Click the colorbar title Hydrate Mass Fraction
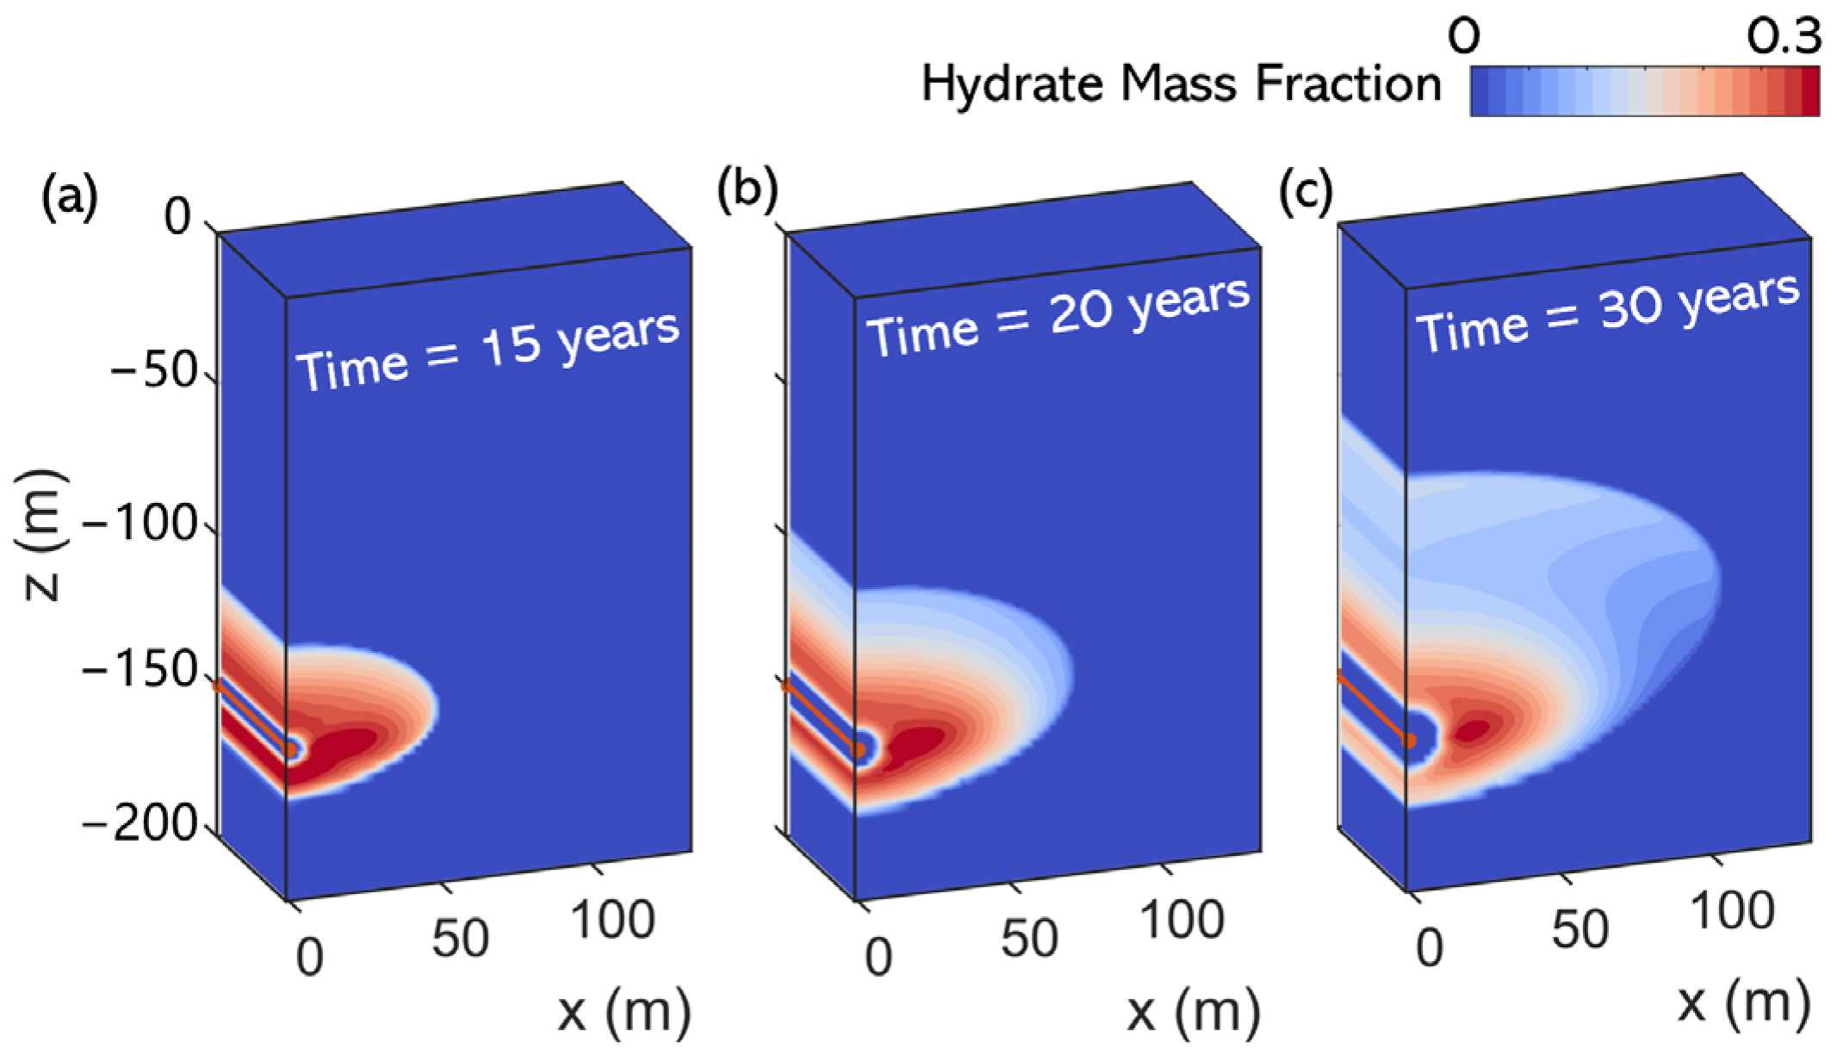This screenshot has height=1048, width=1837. [1181, 85]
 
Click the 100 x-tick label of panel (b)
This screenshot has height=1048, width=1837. [1182, 919]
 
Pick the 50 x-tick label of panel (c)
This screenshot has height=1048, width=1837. [1581, 928]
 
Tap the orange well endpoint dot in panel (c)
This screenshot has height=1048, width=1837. [1410, 741]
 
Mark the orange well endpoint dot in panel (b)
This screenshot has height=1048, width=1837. [859, 751]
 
